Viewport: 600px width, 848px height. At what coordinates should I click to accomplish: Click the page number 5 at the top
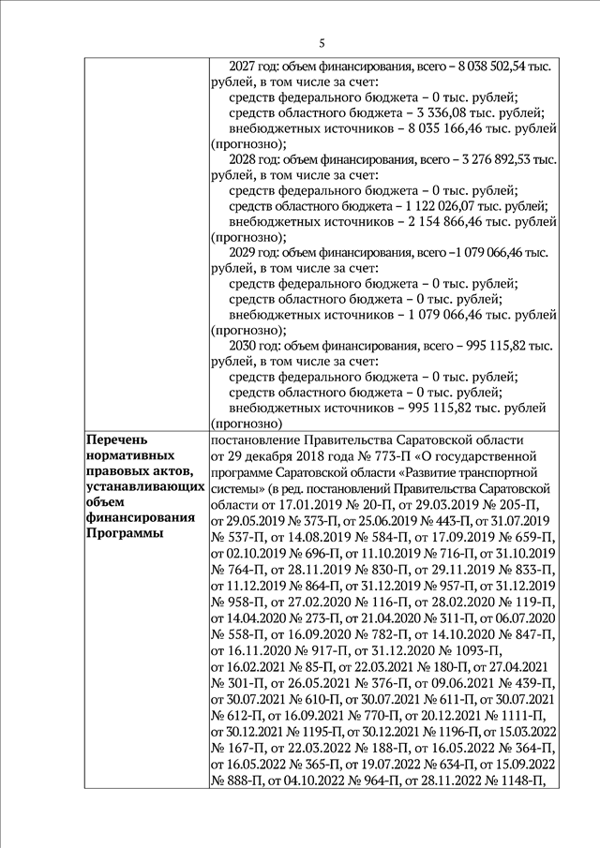point(322,43)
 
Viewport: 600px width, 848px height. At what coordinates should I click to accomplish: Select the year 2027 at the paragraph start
point(243,66)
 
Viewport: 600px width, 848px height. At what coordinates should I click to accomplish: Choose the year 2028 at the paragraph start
point(243,160)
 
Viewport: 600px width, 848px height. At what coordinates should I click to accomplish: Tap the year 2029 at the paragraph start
point(243,254)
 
